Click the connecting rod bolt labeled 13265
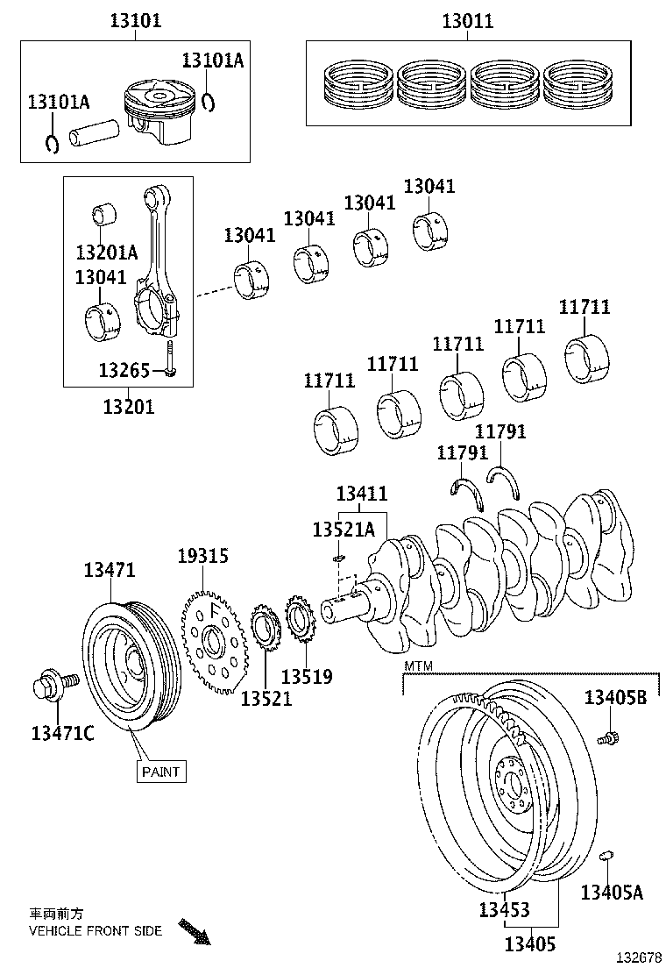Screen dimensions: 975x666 [x=170, y=360]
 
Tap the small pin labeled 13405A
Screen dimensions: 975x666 [x=606, y=856]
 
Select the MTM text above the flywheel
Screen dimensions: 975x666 [x=418, y=667]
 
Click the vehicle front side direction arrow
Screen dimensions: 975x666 [x=195, y=930]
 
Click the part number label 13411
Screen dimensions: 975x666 [x=361, y=495]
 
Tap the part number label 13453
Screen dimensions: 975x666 [x=505, y=910]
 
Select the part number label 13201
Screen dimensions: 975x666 [x=129, y=406]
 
